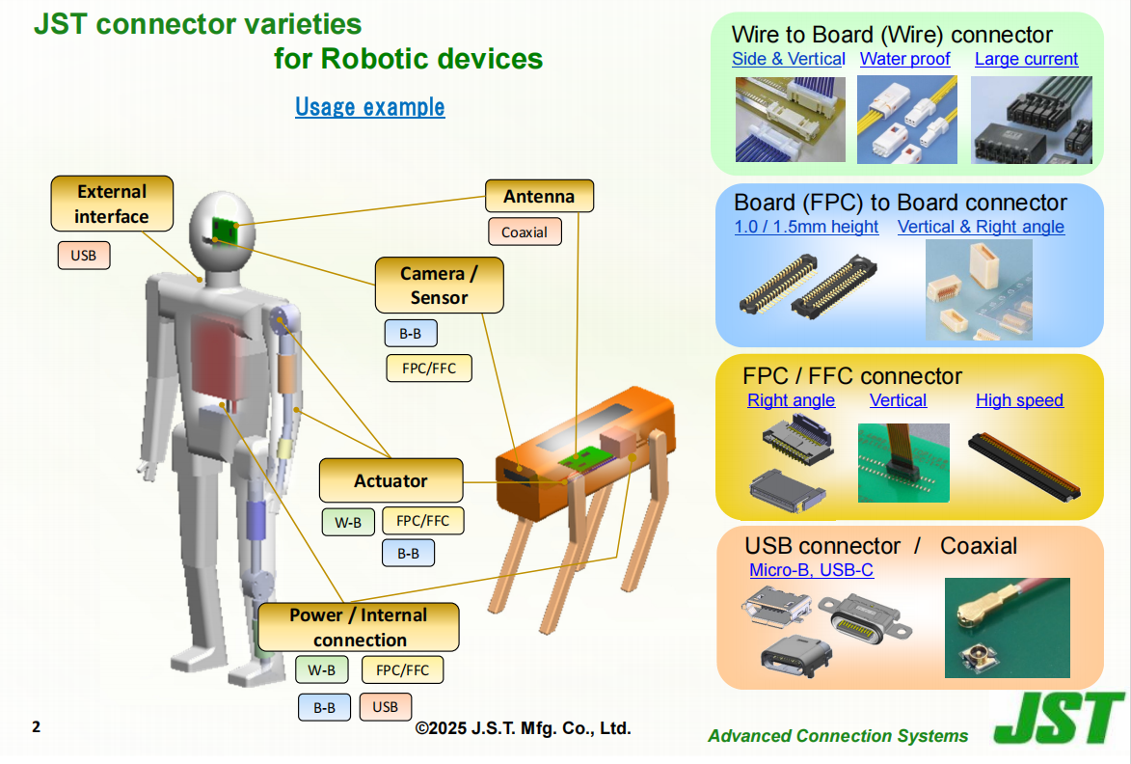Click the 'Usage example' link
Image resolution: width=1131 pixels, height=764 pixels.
pyautogui.click(x=370, y=107)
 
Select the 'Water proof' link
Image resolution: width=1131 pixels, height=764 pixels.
pyautogui.click(x=905, y=59)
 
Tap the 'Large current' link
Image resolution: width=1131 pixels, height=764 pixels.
pyautogui.click(x=1027, y=59)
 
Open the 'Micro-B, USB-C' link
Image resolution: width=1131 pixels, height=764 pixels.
pyautogui.click(x=812, y=570)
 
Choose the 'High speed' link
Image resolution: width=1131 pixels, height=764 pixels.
pyautogui.click(x=1019, y=400)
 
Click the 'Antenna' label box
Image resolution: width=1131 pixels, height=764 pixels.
pyautogui.click(x=540, y=196)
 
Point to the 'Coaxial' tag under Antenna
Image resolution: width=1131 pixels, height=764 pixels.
pyautogui.click(x=525, y=232)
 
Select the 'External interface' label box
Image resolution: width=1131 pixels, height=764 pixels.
pyautogui.click(x=112, y=204)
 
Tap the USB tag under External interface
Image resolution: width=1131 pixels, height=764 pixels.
pyautogui.click(x=84, y=256)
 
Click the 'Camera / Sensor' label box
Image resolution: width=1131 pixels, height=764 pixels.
pyautogui.click(x=440, y=285)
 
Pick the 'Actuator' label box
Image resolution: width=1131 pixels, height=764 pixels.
pyautogui.click(x=390, y=480)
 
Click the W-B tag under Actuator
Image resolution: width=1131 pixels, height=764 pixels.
pyautogui.click(x=348, y=522)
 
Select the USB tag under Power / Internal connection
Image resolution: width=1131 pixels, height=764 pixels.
pyautogui.click(x=385, y=707)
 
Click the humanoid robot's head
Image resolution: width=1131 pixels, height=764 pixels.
pyautogui.click(x=222, y=232)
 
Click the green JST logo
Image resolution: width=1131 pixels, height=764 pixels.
pyautogui.click(x=1058, y=718)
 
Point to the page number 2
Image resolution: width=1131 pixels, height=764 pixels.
pyautogui.click(x=36, y=726)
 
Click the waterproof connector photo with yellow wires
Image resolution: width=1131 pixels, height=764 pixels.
pyautogui.click(x=906, y=120)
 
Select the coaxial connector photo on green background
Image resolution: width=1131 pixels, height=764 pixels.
pyautogui.click(x=1007, y=628)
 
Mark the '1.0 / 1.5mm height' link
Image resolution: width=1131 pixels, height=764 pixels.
pyautogui.click(x=806, y=227)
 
